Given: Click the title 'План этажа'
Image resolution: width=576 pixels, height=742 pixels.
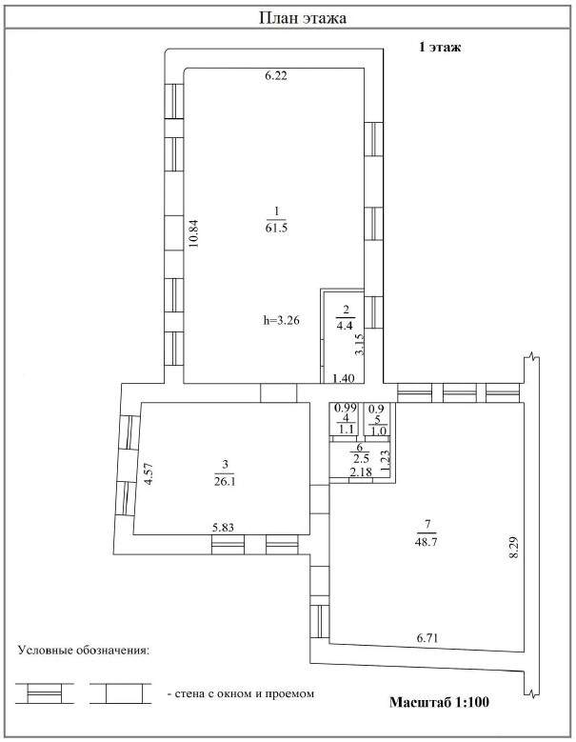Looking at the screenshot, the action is [x=303, y=18].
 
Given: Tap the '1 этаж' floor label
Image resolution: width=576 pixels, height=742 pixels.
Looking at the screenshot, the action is [x=440, y=47].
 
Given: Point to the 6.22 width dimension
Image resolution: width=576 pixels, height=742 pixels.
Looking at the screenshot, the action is [x=276, y=75].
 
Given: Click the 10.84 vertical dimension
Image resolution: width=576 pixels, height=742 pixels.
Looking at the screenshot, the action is [x=193, y=233].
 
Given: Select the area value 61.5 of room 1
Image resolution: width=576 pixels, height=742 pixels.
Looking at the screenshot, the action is [x=277, y=228].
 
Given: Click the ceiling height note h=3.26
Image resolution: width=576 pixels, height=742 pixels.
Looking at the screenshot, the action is [x=282, y=320].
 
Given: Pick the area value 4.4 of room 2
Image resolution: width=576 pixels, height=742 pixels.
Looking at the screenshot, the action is [x=346, y=325].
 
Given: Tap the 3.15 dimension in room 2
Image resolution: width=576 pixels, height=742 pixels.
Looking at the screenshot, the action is [x=360, y=345].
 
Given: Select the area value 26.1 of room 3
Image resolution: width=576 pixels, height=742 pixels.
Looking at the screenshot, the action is [x=225, y=482].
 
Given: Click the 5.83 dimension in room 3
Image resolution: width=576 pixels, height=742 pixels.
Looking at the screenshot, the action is [x=223, y=527].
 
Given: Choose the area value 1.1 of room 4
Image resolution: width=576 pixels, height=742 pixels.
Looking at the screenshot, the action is [x=347, y=430].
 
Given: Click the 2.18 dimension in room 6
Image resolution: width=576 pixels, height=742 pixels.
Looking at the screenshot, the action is [x=361, y=471].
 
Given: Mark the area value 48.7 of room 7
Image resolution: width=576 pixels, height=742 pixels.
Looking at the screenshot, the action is [x=427, y=541].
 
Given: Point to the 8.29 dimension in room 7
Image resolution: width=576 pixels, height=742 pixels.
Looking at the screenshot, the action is [x=514, y=547].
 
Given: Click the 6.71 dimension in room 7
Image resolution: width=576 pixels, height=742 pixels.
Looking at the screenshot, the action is [x=427, y=638].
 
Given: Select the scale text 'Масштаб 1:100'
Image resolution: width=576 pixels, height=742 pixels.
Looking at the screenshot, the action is [x=439, y=702].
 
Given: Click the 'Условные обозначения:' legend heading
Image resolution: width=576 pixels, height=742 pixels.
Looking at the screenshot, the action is [x=83, y=651].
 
